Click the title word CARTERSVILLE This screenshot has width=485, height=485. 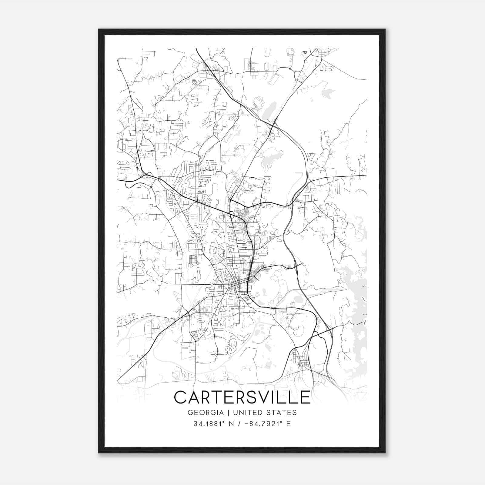click(242, 397)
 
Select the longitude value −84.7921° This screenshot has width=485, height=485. click(263, 424)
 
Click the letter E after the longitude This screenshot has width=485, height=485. click(288, 424)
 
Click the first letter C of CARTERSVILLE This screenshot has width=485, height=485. click(181, 397)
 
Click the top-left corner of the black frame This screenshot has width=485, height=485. click(99, 29)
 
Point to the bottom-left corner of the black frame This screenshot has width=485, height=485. click(99, 453)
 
